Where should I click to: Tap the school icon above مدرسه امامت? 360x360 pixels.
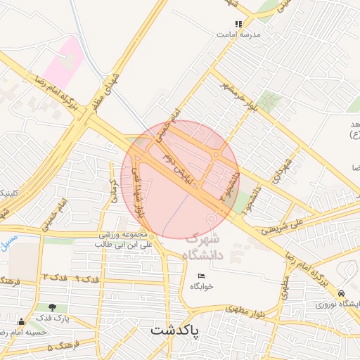238,24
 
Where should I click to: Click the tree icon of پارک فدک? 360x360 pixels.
52,307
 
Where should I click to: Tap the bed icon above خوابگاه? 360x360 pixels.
201,276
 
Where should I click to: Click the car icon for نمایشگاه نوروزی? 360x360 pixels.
342,293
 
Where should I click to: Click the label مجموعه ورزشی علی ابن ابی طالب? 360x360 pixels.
124,239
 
